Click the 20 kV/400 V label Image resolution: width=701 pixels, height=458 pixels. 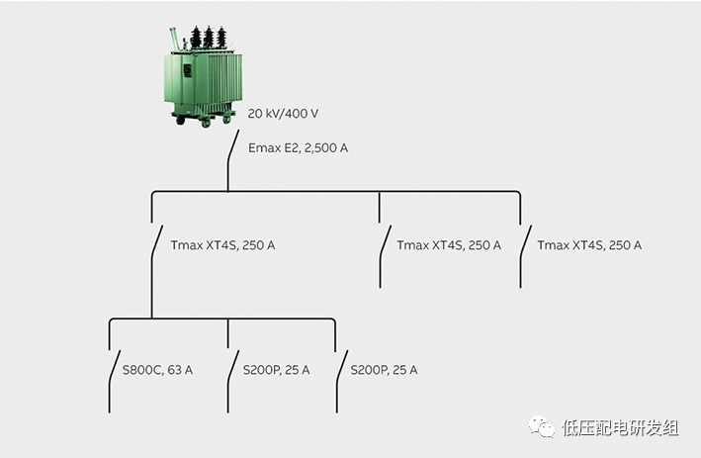(x=283, y=114)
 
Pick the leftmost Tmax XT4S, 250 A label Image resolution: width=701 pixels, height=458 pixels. (x=222, y=244)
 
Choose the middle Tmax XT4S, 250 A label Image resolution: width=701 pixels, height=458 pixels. (x=449, y=244)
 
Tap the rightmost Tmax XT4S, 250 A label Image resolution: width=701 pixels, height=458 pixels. (x=589, y=244)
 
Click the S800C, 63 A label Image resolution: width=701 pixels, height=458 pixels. (x=157, y=370)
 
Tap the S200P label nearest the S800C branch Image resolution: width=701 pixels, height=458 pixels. (x=277, y=370)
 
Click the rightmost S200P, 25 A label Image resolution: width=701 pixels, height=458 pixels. (x=385, y=370)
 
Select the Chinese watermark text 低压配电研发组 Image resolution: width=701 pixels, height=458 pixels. (x=621, y=427)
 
